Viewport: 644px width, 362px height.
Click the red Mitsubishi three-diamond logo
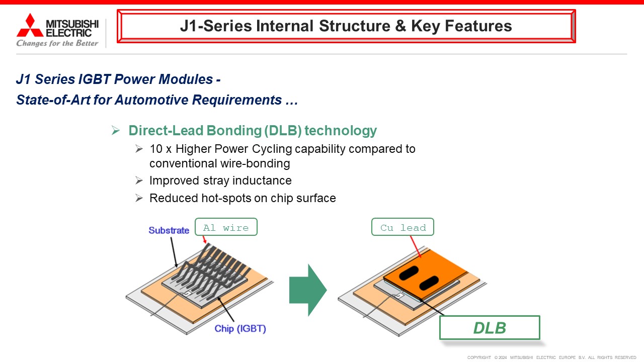30,25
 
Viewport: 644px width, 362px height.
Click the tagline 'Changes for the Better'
57,43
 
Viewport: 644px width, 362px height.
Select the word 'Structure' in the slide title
355,26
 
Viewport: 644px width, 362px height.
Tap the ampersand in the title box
400,26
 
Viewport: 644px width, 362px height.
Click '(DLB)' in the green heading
283,131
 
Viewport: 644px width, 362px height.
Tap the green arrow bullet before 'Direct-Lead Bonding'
116,130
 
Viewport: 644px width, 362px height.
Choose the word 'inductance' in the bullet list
262,180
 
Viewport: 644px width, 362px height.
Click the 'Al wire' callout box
226,227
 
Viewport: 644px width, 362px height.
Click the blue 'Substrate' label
169,230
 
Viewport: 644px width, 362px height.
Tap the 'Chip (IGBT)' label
240,329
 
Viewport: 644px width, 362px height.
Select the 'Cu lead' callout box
403,227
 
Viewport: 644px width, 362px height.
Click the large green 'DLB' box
490,327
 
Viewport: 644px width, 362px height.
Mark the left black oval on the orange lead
409,273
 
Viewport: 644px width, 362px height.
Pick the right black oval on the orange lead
429,283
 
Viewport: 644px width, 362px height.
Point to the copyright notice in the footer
551,357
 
